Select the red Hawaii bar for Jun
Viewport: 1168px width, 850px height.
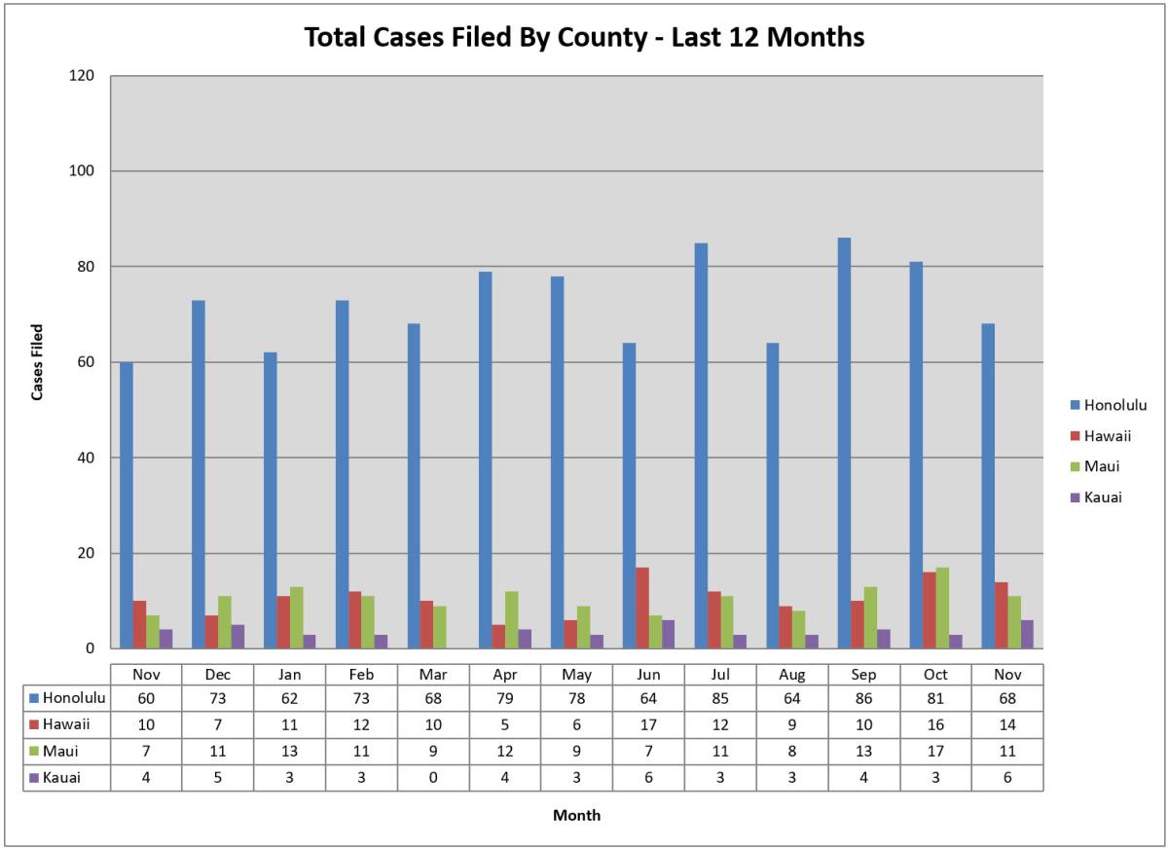[642, 608]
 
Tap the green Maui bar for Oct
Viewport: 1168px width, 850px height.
[942, 608]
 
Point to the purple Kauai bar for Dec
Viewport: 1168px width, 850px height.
[238, 637]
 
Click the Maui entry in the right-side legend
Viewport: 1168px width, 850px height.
[1102, 466]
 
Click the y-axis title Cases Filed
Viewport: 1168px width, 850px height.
[38, 362]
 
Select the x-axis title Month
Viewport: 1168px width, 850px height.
[576, 815]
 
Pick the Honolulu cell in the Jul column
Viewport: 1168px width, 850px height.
[720, 698]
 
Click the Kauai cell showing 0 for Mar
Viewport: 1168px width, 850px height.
[433, 777]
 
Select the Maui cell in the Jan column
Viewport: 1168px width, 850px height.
[289, 751]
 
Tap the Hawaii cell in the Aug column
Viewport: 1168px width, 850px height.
[791, 724]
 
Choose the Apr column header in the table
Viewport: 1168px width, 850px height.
[505, 674]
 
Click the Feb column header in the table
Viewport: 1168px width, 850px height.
[361, 674]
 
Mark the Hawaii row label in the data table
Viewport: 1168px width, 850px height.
[65, 724]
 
